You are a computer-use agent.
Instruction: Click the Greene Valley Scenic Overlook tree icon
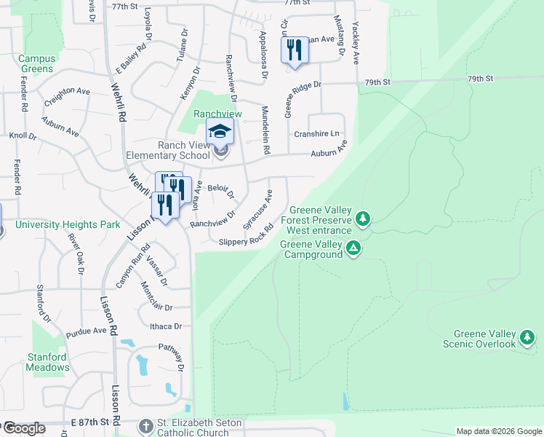tap(527, 337)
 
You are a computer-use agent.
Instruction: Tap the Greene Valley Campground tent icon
tap(353, 249)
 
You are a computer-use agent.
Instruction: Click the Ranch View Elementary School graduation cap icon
tap(220, 131)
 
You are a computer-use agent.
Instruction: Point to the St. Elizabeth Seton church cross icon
tap(145, 425)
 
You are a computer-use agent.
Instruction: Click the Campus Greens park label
tap(36, 64)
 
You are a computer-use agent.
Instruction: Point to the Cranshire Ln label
tap(316, 134)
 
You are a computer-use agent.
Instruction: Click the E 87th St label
tap(89, 422)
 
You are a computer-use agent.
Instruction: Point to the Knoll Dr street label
tap(23, 135)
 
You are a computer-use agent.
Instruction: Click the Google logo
tap(24, 428)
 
